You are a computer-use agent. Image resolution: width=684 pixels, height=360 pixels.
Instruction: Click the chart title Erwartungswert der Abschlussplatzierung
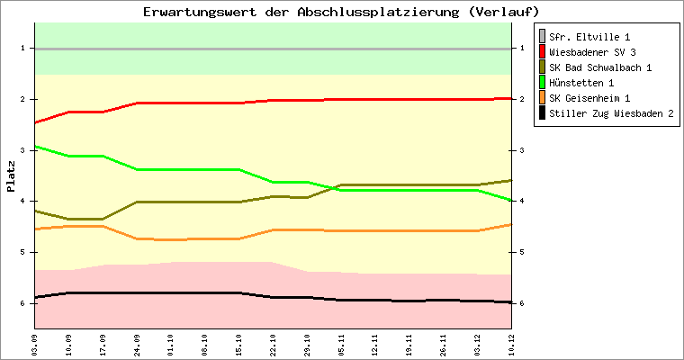click(x=341, y=12)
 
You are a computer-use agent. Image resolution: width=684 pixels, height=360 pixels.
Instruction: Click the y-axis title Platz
click(x=11, y=176)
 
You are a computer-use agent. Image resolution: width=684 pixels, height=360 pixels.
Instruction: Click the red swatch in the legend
click(x=542, y=52)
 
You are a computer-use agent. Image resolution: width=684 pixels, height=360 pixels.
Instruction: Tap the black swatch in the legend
click(x=542, y=113)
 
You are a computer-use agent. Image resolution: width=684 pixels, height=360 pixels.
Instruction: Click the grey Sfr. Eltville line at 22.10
click(x=273, y=48)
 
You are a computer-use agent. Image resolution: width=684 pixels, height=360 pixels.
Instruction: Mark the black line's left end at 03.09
click(x=35, y=297)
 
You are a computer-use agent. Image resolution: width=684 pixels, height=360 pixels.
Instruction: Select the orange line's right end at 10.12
click(x=510, y=224)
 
